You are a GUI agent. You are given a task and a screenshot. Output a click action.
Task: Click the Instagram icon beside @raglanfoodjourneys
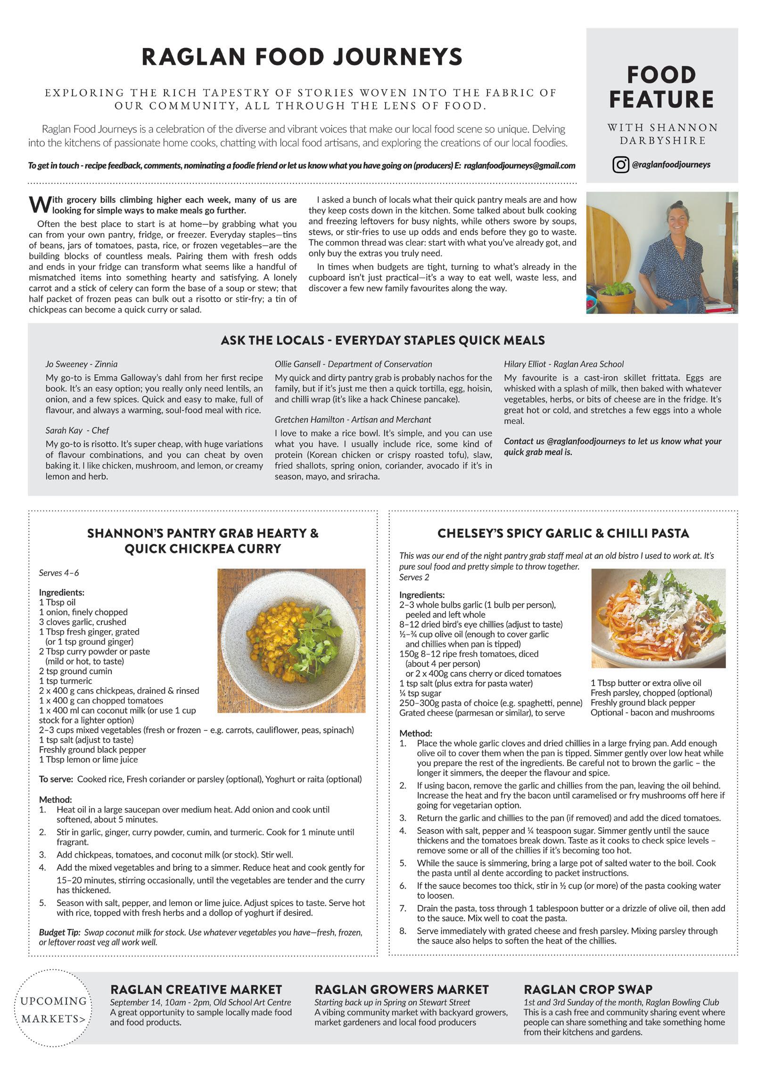[621, 165]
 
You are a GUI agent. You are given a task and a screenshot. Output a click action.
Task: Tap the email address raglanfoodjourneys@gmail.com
[519, 165]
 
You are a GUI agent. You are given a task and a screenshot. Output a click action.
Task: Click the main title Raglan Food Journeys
[302, 57]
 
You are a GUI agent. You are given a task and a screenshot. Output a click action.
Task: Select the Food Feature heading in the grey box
[661, 87]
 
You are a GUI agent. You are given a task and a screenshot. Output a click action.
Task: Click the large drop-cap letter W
[40, 205]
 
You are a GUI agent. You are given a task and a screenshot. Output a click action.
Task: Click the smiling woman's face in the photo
[677, 217]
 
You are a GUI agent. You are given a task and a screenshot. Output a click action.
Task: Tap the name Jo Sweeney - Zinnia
[82, 364]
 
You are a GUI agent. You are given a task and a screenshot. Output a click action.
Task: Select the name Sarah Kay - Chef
[77, 430]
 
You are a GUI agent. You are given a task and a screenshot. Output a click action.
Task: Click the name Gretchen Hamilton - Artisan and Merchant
[353, 420]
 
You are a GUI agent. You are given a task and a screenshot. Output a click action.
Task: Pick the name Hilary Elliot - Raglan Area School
[564, 364]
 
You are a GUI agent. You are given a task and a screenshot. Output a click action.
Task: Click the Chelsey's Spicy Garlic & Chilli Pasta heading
[563, 533]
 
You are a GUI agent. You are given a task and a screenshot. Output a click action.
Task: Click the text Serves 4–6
[59, 573]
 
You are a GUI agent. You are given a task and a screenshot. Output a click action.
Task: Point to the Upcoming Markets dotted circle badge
[54, 1010]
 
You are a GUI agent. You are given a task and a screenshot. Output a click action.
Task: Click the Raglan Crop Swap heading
[588, 990]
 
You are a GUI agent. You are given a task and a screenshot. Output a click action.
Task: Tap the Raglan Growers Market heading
[402, 990]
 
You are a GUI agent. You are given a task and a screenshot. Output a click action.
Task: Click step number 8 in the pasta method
[403, 931]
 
